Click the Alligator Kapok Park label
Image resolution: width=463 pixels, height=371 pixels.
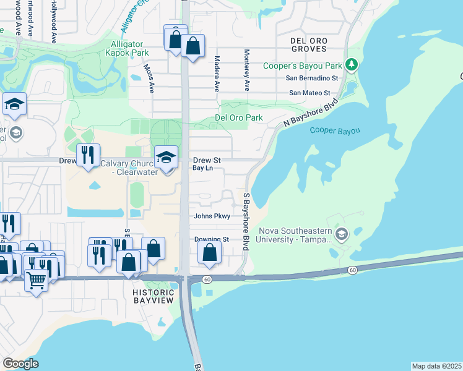tap(127, 49)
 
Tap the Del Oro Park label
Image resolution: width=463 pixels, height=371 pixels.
tap(238, 117)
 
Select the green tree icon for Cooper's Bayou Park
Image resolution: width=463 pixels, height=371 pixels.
tap(351, 64)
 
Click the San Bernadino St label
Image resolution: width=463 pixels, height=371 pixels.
tap(312, 79)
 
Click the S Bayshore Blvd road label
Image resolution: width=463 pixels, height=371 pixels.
tap(246, 221)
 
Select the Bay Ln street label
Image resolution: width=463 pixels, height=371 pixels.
tap(202, 168)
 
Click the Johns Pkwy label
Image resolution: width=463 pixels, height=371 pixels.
tap(212, 216)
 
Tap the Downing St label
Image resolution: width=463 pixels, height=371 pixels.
tap(211, 239)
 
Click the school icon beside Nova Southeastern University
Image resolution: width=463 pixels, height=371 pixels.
tap(342, 234)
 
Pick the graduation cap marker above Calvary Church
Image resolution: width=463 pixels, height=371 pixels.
tap(166, 158)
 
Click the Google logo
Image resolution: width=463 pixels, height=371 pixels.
tap(21, 364)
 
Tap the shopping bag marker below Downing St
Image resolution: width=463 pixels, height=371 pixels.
tap(210, 252)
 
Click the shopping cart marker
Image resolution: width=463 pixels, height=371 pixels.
tap(37, 281)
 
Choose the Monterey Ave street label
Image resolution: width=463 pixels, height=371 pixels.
tap(246, 70)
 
